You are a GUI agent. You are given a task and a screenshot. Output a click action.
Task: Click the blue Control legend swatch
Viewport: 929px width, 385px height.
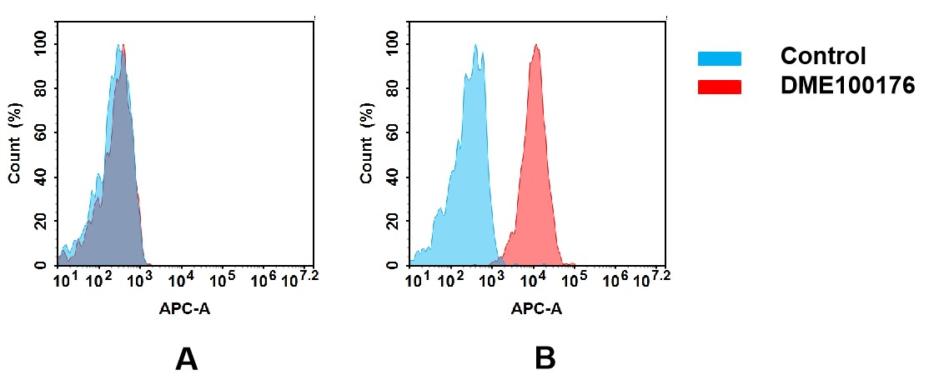click(x=719, y=58)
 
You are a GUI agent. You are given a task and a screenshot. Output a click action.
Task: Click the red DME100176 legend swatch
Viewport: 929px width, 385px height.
click(x=719, y=87)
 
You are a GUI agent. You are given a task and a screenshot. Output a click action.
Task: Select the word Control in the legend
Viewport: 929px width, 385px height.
click(x=822, y=57)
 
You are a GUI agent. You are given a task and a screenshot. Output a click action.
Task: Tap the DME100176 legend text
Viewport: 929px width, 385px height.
click(x=847, y=86)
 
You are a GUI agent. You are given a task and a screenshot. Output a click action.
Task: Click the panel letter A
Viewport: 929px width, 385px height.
click(x=186, y=359)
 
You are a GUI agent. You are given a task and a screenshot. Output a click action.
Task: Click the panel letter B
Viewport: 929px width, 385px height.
click(x=545, y=359)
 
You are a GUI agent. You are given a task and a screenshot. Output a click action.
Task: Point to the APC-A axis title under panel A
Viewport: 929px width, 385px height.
click(x=184, y=308)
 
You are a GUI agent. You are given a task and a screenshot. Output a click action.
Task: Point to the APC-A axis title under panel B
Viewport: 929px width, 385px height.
click(x=537, y=308)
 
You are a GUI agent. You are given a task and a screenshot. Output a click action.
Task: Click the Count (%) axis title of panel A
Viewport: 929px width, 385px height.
click(x=15, y=149)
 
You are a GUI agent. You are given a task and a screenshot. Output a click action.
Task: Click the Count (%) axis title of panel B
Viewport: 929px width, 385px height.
click(x=367, y=149)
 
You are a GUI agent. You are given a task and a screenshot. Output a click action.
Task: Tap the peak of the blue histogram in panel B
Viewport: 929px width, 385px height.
click(x=475, y=47)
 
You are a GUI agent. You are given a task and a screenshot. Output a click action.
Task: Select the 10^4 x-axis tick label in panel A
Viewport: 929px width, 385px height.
click(x=181, y=279)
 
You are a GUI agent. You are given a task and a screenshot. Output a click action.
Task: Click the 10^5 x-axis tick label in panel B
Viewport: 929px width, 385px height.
click(x=574, y=279)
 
